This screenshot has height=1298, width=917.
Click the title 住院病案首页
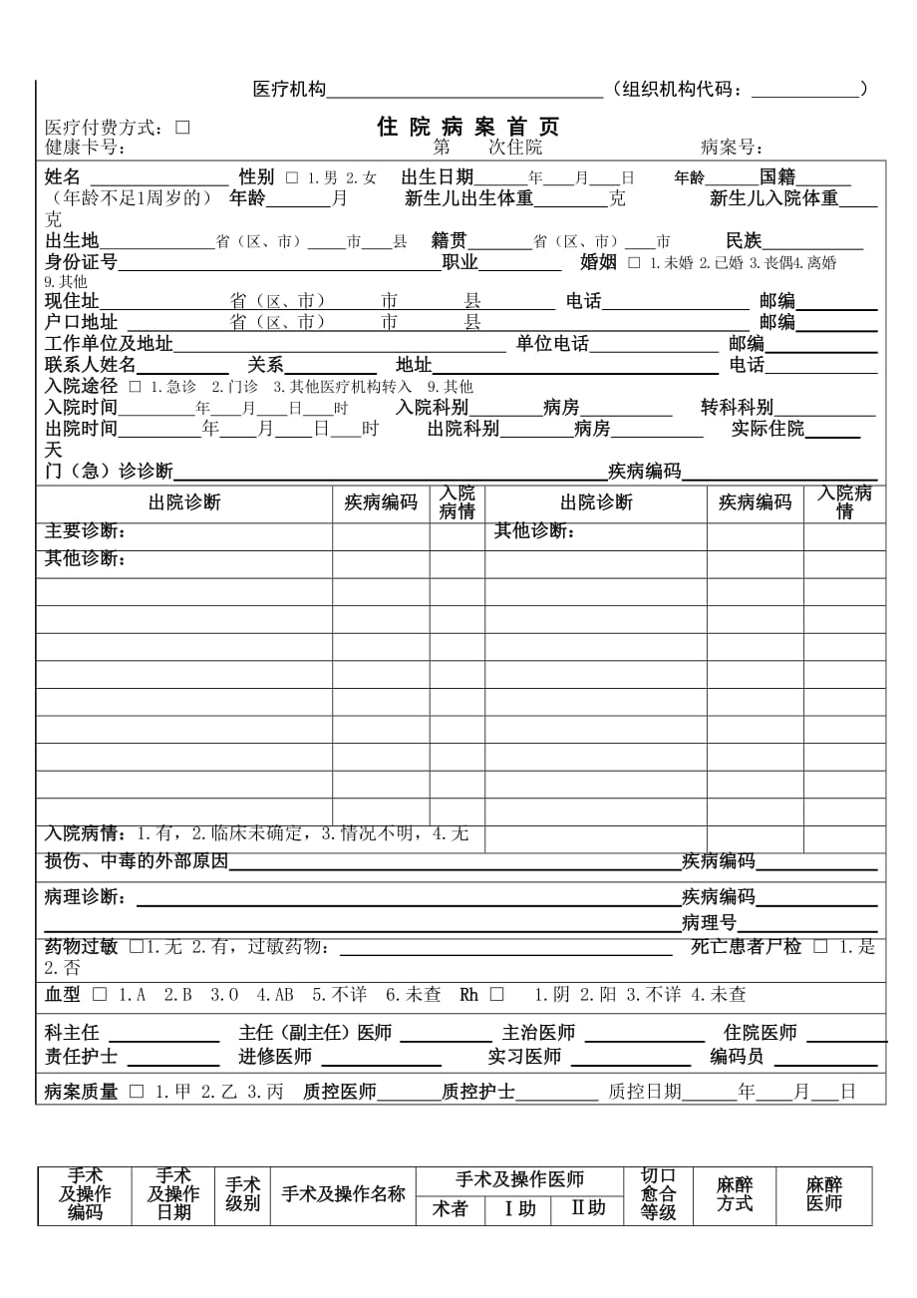pyautogui.click(x=467, y=127)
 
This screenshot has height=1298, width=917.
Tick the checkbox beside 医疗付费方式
pyautogui.click(x=182, y=128)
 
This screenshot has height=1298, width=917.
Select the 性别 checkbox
pyautogui.click(x=292, y=178)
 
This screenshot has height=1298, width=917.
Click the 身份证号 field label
pyautogui.click(x=81, y=263)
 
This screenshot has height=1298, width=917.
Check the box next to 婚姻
pyautogui.click(x=635, y=263)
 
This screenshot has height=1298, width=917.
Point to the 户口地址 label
pyautogui.click(x=81, y=322)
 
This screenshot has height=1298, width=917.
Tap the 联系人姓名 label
pyautogui.click(x=90, y=365)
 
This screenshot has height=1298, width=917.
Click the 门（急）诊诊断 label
pyautogui.click(x=109, y=471)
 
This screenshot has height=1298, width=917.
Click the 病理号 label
pyautogui.click(x=709, y=922)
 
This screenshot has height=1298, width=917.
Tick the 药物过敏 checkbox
pyautogui.click(x=136, y=947)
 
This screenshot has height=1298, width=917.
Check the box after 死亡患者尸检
pyautogui.click(x=819, y=947)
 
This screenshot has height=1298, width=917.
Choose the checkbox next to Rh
pyautogui.click(x=496, y=995)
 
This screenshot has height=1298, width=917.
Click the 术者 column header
pyautogui.click(x=450, y=1209)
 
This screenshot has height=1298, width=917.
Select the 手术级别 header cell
pyautogui.click(x=242, y=1194)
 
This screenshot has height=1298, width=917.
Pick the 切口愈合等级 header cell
pyautogui.click(x=658, y=1194)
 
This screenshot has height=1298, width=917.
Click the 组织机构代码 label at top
pyautogui.click(x=682, y=90)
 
